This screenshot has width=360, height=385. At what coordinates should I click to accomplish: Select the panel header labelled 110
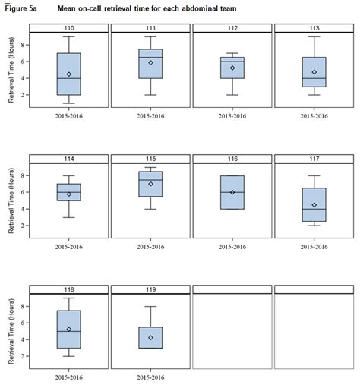click(68, 28)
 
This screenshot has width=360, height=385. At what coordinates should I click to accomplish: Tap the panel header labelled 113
click(314, 28)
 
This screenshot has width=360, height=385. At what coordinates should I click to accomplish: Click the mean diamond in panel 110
click(69, 74)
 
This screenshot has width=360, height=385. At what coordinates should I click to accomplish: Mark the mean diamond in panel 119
click(150, 338)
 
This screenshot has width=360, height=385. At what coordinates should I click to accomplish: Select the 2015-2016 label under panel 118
click(69, 377)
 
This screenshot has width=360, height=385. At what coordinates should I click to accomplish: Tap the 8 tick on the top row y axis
click(25, 45)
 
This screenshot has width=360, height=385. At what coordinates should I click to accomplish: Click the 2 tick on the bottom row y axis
click(25, 356)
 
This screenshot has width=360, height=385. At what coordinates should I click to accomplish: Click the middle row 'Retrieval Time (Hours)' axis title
click(11, 201)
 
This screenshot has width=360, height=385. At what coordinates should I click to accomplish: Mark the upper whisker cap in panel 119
click(150, 307)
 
